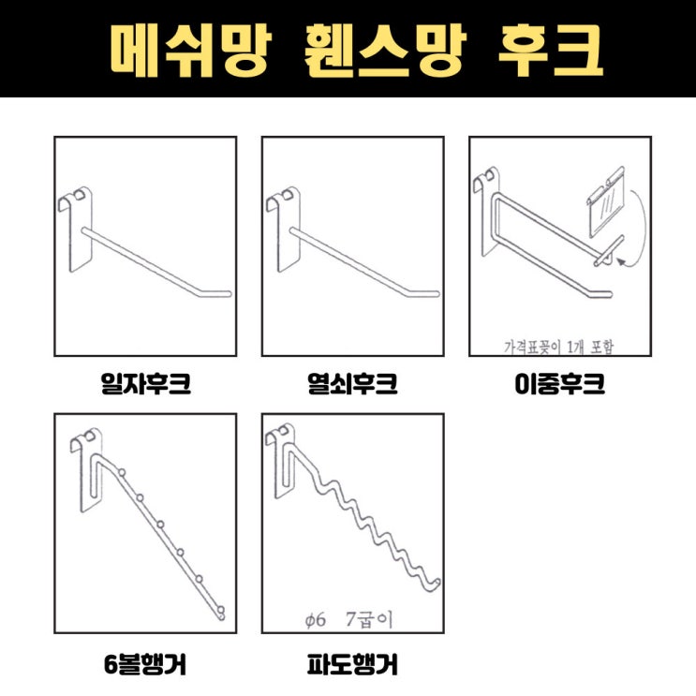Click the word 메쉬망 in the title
pyautogui.click(x=191, y=51)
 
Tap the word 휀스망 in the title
pyautogui.click(x=385, y=51)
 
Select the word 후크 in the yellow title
pyautogui.click(x=551, y=51)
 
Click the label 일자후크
pyautogui.click(x=145, y=384)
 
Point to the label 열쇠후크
pyautogui.click(x=353, y=384)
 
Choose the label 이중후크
pyautogui.click(x=560, y=384)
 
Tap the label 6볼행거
pyautogui.click(x=145, y=664)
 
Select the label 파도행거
pyautogui.click(x=353, y=664)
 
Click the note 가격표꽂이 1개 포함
pyautogui.click(x=559, y=347)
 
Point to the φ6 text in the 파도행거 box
pyautogui.click(x=316, y=619)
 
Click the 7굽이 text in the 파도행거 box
pyautogui.click(x=369, y=619)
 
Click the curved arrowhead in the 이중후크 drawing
pyautogui.click(x=622, y=262)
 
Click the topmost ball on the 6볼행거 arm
pyautogui.click(x=122, y=472)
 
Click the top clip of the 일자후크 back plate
pyautogui.click(x=75, y=198)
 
